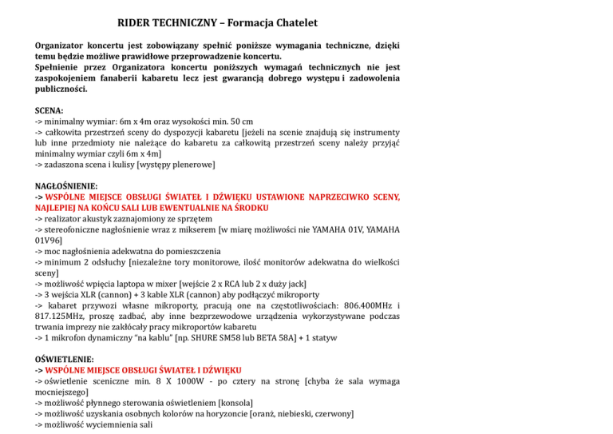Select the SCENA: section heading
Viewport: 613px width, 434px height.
coord(50,109)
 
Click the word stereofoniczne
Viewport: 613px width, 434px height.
coord(79,229)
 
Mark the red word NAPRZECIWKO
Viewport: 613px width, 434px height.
coord(333,196)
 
